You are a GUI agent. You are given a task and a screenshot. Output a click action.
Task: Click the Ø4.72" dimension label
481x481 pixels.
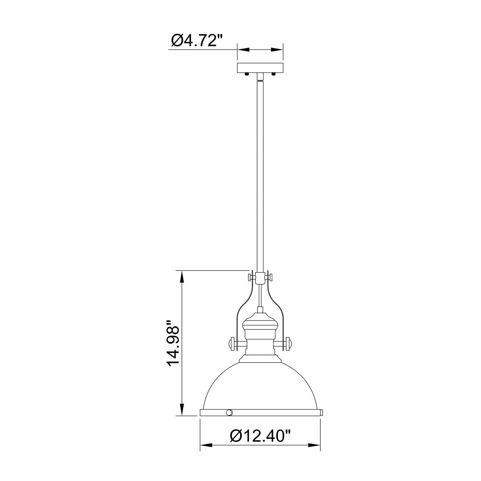pos(197,41)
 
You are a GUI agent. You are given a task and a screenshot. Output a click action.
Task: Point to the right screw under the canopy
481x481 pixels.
pos(274,74)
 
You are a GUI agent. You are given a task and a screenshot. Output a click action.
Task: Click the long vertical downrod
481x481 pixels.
pos(260,173)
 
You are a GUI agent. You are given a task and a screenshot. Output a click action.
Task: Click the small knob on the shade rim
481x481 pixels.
pos(229,413)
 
